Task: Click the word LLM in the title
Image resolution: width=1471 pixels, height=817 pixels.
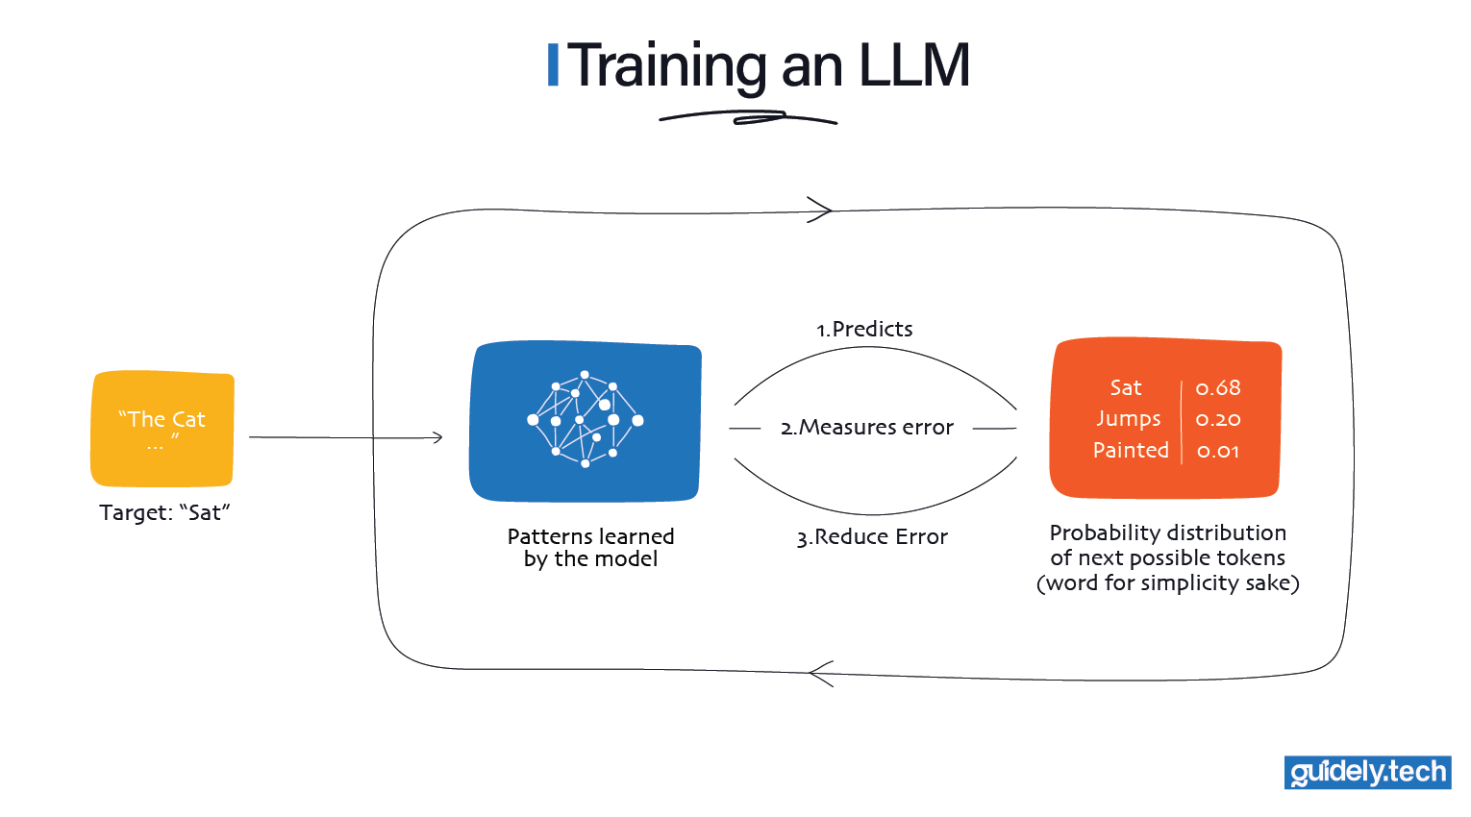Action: coord(913,65)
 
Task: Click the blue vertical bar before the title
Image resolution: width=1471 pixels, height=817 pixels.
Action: coord(553,65)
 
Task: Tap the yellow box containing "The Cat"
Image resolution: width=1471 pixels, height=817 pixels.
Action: coord(162,429)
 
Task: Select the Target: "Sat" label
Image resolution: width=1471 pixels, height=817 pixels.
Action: coord(164,512)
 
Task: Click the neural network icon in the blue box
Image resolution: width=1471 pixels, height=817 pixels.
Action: coord(585,419)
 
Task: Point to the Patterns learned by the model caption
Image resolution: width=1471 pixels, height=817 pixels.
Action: coord(590,548)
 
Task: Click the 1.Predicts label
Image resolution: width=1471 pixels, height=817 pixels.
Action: coord(864,329)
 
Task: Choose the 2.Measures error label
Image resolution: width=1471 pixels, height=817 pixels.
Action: coord(867,427)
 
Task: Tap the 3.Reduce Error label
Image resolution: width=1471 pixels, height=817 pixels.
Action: coord(872,536)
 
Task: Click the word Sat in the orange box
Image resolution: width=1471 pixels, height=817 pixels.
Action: coord(1125,387)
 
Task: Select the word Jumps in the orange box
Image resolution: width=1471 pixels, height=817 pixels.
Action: coord(1128,419)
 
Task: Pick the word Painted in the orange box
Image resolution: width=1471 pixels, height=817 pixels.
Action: coord(1131,450)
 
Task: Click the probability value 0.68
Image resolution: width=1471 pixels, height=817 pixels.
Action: coord(1217,387)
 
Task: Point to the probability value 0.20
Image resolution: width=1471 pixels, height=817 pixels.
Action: coord(1217,419)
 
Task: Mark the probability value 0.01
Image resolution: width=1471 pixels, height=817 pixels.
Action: coord(1217,451)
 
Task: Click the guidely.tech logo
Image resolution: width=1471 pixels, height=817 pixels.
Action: coord(1367,773)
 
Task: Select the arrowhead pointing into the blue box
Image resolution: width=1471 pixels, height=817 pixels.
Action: coord(437,437)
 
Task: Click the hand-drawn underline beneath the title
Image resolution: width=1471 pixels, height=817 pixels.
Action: coord(748,118)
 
